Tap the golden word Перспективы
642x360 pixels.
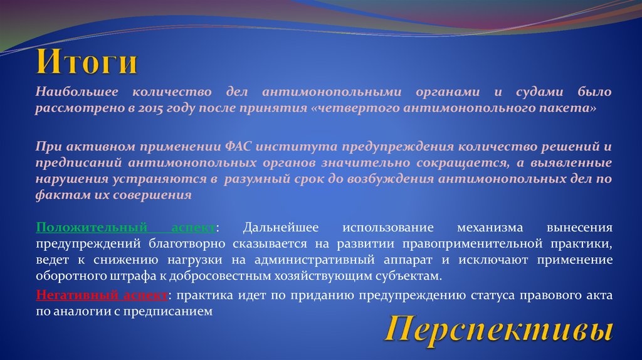pyautogui.click(x=498, y=329)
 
